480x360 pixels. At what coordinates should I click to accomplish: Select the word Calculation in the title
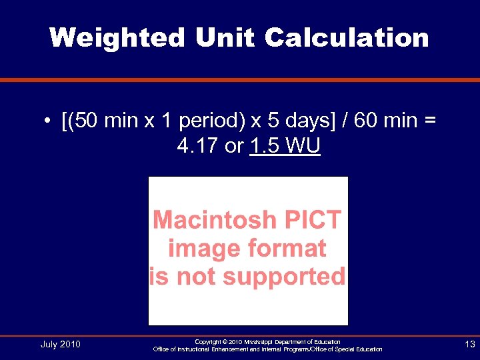pyautogui.click(x=347, y=37)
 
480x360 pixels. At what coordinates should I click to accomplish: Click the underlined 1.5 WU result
pyautogui.click(x=285, y=146)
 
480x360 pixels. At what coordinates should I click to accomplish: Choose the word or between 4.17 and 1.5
pyautogui.click(x=234, y=146)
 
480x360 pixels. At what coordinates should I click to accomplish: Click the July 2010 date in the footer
pyautogui.click(x=60, y=344)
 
